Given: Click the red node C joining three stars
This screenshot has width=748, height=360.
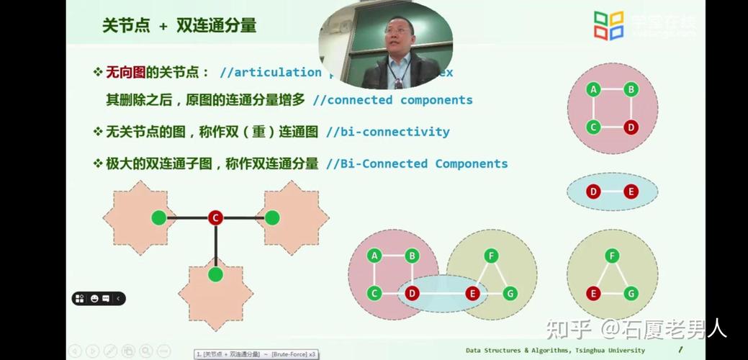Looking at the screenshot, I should click(x=215, y=217).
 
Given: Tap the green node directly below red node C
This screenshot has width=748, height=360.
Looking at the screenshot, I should click(x=215, y=274).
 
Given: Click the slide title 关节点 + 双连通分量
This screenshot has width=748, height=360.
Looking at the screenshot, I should click(x=179, y=26).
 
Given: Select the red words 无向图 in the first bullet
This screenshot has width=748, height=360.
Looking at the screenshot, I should click(x=126, y=72).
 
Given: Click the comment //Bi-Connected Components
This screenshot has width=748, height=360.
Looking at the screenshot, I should click(x=417, y=163).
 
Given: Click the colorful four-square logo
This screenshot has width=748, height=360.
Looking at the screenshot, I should click(x=608, y=24).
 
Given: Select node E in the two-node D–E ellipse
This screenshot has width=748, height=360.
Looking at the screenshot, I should click(x=631, y=192).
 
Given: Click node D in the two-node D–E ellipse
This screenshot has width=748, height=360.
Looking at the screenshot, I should click(x=593, y=192).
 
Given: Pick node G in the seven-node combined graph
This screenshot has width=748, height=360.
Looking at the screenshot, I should click(x=510, y=293).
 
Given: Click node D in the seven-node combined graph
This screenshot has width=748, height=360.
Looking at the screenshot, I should click(x=412, y=293).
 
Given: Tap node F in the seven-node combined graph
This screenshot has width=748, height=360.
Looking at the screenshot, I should click(x=491, y=256).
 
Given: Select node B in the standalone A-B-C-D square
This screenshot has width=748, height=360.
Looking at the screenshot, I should click(x=631, y=89).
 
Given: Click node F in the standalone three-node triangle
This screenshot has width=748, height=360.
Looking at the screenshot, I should click(x=612, y=256).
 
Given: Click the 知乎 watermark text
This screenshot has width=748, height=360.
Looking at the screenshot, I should click(x=568, y=330).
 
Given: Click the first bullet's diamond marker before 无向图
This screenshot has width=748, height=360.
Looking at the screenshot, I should click(x=98, y=72).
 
